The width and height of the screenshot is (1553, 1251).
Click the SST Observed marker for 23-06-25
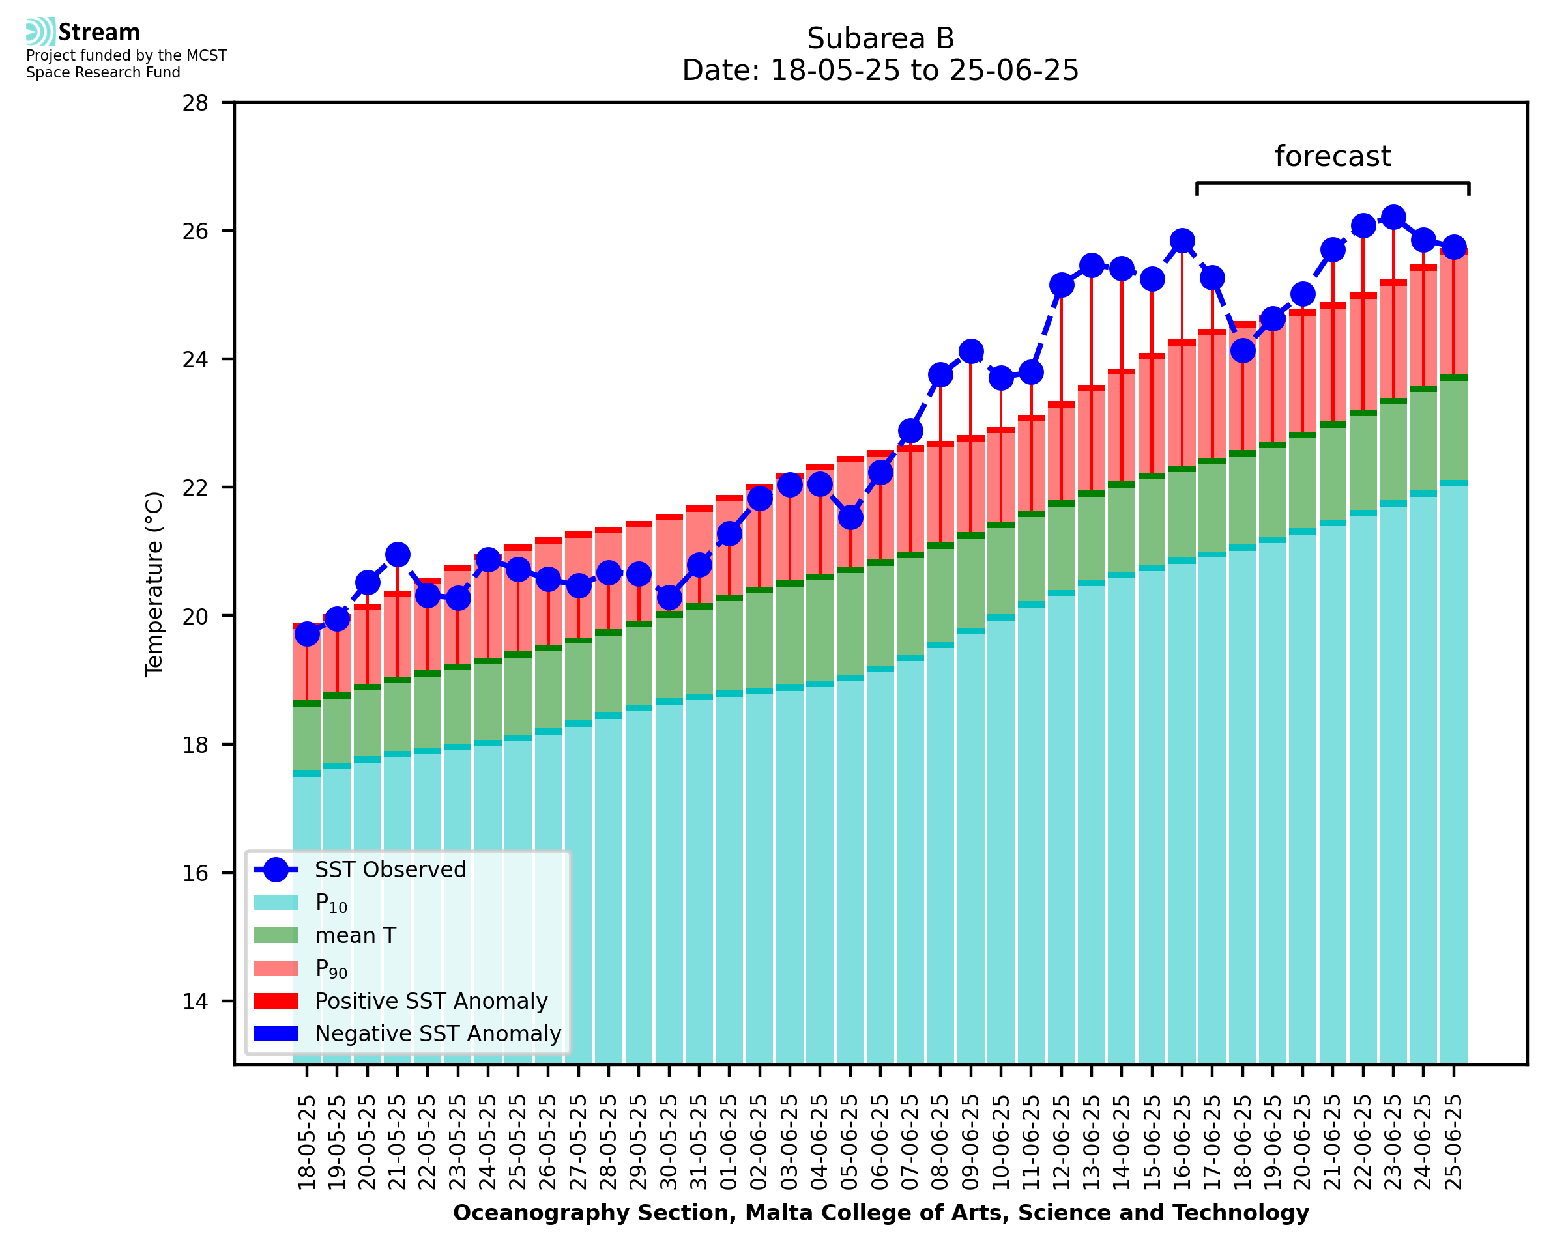point(1392,217)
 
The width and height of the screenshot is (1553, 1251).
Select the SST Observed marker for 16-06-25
point(1182,241)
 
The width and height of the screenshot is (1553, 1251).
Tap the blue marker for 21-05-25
point(398,554)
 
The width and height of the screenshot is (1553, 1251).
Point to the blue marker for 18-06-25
point(1242,351)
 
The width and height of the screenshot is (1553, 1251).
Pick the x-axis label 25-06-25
point(1453,1142)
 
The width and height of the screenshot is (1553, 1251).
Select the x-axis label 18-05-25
point(307,1142)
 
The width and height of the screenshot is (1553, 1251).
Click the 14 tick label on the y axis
point(195,1002)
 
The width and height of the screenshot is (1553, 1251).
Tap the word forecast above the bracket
point(1332,156)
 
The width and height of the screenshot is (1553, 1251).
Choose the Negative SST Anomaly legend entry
point(438,1033)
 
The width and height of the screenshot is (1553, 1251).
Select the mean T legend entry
point(355,935)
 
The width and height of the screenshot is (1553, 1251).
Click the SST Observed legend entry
point(390,870)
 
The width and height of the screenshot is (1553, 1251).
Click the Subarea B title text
point(880,38)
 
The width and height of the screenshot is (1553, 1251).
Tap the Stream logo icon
point(40,32)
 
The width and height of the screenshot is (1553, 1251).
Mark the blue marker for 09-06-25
point(970,352)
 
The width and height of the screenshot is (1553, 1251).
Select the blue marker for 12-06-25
point(1061,285)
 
